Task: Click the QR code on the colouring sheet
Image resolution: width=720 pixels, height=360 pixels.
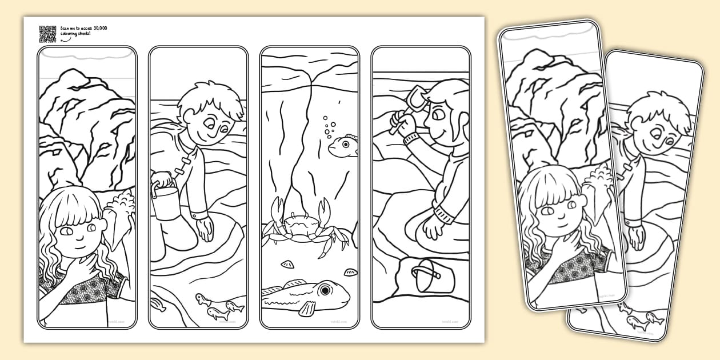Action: click(47, 34)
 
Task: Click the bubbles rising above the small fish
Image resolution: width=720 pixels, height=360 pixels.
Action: click(328, 127)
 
